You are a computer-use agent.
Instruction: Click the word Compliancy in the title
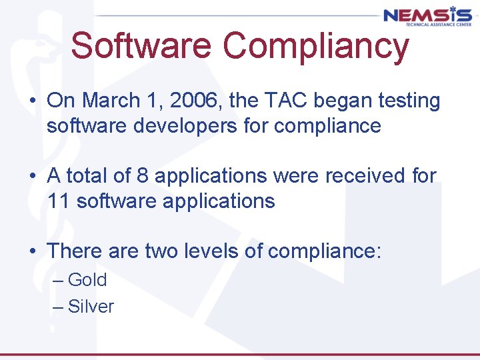315,47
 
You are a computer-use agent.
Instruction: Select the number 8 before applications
143,176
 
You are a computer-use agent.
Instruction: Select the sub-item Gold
87,279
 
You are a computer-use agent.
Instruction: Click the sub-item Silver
91,307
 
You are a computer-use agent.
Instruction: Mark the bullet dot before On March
32,101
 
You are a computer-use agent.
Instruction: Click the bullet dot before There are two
32,251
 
